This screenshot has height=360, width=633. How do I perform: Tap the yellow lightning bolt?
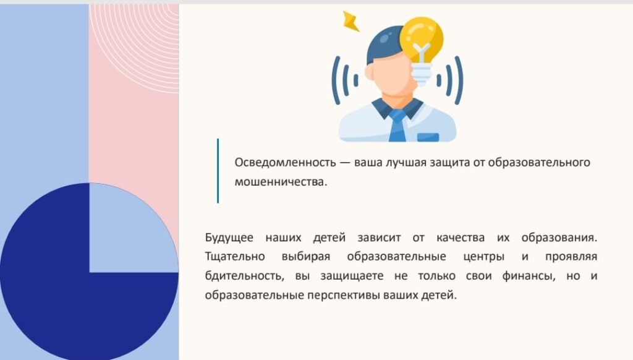(350, 21)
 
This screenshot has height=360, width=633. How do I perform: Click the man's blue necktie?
(397, 126)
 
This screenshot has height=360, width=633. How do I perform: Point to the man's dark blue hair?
(383, 45)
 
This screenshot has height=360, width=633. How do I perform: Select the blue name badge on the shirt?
(428, 137)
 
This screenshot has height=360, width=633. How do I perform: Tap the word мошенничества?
(281, 182)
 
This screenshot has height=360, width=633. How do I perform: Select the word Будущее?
(229, 238)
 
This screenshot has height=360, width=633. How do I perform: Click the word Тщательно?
(234, 257)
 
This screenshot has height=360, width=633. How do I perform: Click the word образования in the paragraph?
(559, 238)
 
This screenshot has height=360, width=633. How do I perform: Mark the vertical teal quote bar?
(218, 171)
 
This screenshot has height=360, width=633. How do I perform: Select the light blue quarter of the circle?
(134, 228)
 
